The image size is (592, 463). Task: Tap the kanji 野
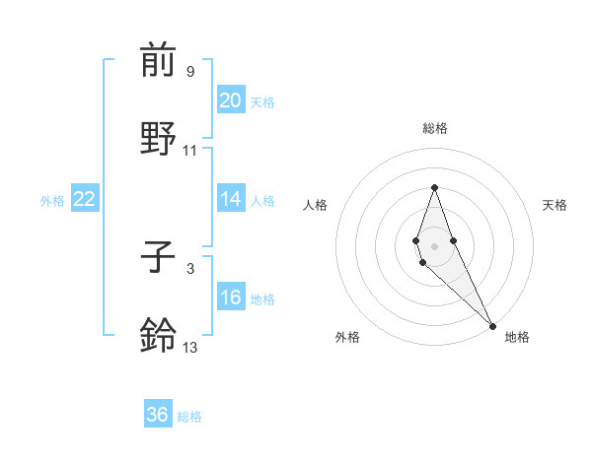158,139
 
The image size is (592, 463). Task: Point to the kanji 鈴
158,336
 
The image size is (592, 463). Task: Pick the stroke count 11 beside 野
190,151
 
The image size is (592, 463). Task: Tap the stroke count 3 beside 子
189,268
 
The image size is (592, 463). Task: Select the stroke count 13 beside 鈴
190,348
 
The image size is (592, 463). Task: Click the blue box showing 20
230,100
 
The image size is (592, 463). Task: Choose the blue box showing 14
230,199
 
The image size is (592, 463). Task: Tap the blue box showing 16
230,298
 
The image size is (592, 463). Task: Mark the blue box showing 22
85,199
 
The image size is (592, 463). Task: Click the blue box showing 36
158,415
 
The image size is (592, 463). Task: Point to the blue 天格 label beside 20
261,102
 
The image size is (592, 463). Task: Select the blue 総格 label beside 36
189,417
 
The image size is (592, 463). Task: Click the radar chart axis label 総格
434,128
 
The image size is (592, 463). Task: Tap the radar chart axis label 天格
555,205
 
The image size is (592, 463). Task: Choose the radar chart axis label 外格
347,337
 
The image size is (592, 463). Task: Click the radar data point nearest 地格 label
492,326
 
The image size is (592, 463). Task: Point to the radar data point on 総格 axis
434,187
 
